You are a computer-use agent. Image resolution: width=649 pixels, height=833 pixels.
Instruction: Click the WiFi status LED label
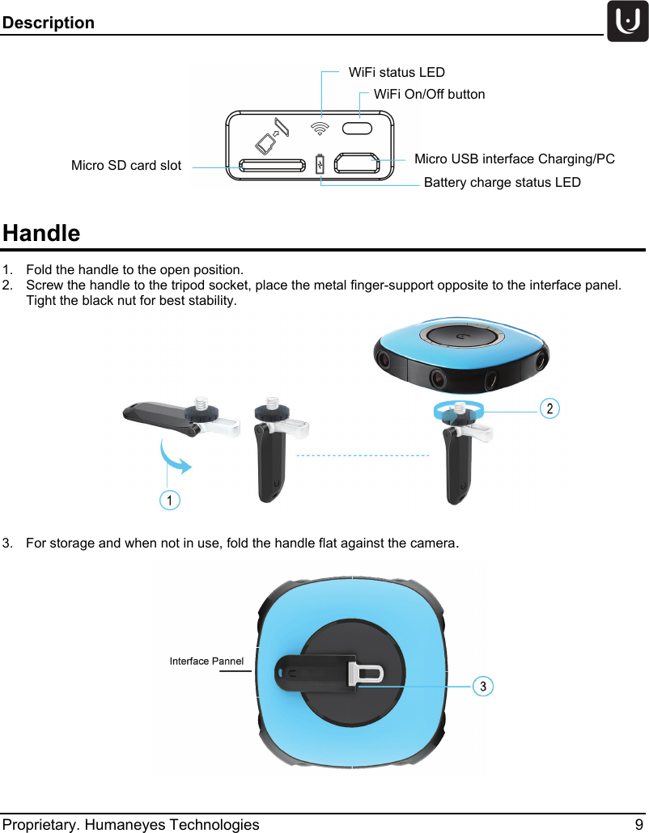pos(397,73)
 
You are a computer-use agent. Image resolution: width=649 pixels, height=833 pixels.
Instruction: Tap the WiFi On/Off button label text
pos(429,95)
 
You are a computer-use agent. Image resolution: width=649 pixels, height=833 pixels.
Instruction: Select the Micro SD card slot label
pos(126,166)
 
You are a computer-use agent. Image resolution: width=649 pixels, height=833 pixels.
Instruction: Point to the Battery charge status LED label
pos(502,183)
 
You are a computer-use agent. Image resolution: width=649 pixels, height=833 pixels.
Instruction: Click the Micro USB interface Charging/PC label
pos(514,159)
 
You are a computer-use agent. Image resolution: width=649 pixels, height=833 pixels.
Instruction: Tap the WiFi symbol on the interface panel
pos(321,128)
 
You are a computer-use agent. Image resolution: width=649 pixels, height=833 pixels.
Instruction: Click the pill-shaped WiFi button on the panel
pos(358,128)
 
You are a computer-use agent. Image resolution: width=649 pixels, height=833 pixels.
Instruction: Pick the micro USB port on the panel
pos(357,163)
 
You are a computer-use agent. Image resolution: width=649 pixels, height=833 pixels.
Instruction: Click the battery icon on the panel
pos(320,163)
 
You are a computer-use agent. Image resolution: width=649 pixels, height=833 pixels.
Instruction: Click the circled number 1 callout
pos(169,501)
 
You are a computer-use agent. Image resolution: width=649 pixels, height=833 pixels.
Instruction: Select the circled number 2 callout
pos(549,408)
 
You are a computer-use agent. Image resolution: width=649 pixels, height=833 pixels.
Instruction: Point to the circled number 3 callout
pos(482,687)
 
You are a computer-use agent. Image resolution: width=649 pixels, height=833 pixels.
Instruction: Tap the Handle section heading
pos(41,234)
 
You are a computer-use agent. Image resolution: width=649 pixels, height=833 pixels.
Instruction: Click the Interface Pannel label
pos(206,662)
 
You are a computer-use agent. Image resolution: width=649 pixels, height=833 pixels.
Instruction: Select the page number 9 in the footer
pos(639,824)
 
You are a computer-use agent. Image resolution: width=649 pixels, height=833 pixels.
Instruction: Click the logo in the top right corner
pos(627,22)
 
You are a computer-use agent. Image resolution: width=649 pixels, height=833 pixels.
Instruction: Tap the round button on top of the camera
pos(459,336)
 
